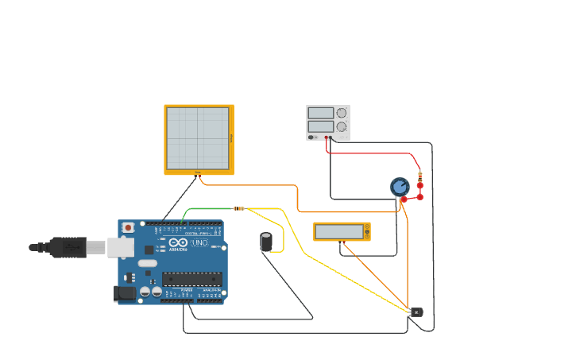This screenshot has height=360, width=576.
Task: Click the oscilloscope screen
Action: [x=197, y=138]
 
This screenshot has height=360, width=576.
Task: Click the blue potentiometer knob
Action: [x=400, y=187]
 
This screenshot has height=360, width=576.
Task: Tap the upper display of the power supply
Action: [x=321, y=113]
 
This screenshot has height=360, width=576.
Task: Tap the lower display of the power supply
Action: [x=321, y=126]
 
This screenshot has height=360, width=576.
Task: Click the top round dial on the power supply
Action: [x=342, y=113]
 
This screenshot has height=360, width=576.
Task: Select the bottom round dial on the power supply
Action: [x=342, y=126]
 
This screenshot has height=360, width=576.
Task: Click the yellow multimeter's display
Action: [x=338, y=232]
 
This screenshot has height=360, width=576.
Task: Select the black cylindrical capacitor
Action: [x=267, y=242]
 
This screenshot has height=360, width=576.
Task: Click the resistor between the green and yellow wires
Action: [x=239, y=208]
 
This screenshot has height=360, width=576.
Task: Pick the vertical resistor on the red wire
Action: [x=420, y=176]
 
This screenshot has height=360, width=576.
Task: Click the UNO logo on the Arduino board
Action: [x=199, y=242]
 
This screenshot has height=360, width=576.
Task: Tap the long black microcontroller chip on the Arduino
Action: [x=192, y=278]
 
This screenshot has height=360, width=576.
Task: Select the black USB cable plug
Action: [x=68, y=247]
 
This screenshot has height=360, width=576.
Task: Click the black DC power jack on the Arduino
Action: [x=125, y=293]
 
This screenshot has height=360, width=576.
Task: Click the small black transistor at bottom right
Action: [x=416, y=312]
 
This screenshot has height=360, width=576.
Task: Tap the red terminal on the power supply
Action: [x=327, y=137]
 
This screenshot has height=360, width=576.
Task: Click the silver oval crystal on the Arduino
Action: [x=148, y=263]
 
